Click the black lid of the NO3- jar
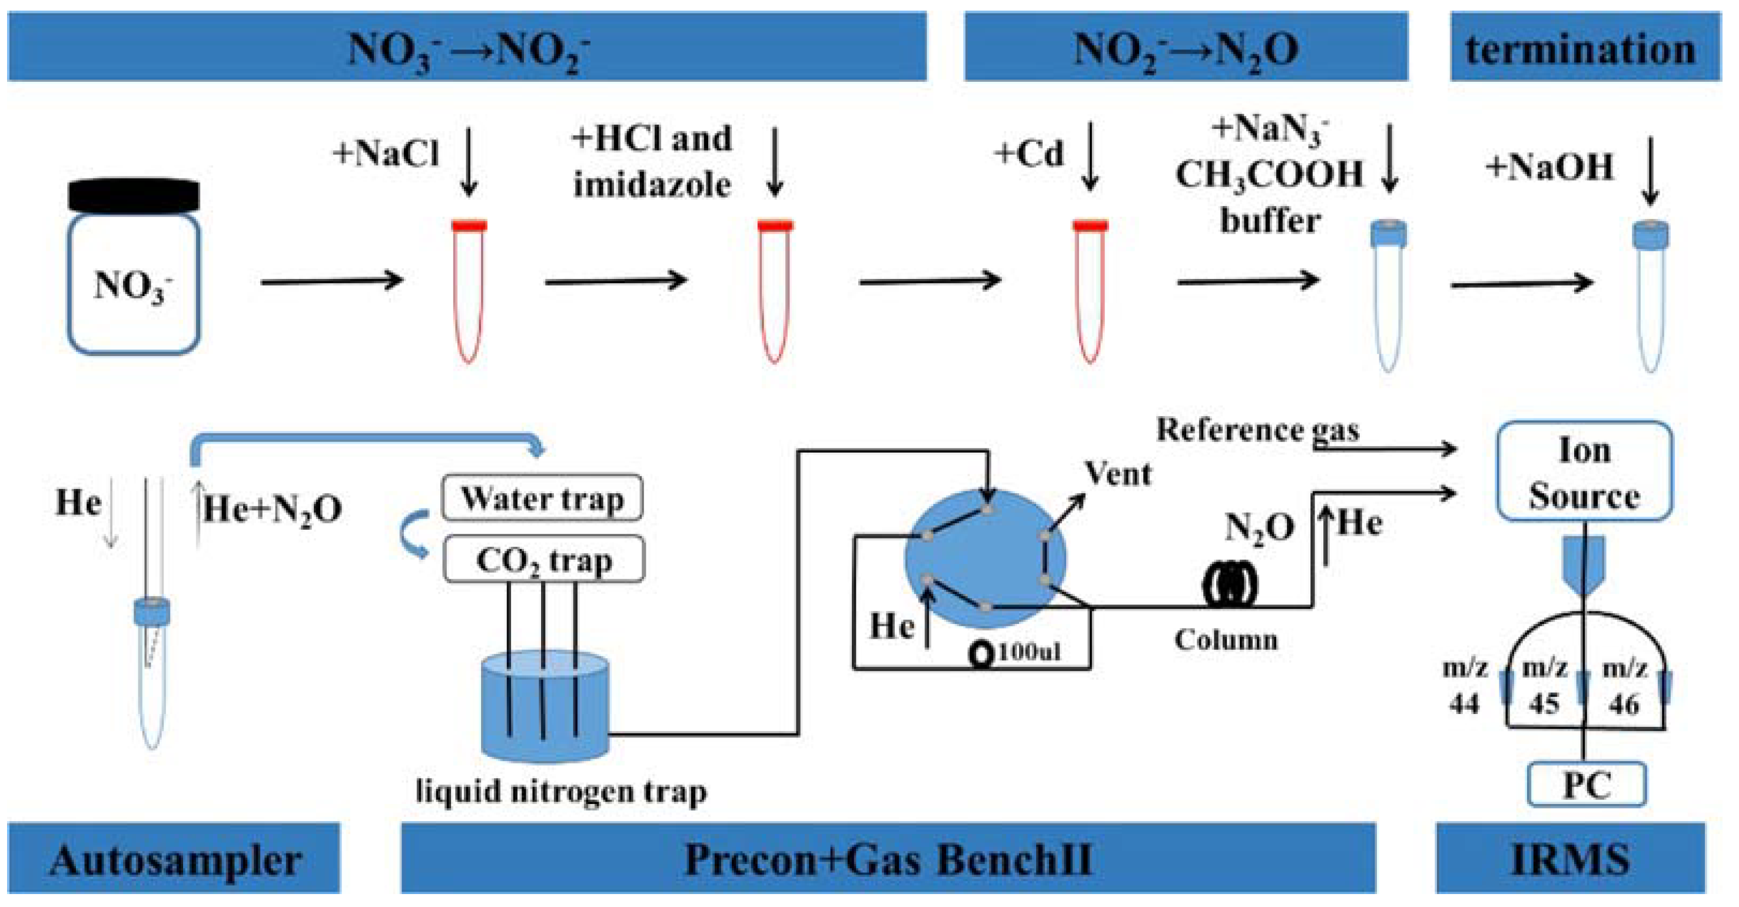coord(134,196)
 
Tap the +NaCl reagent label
coord(386,153)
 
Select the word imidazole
coord(652,185)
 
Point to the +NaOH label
coord(1549,167)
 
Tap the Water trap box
coord(542,499)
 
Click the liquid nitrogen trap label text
coord(562,792)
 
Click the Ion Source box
coord(1584,473)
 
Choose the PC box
coord(1587,785)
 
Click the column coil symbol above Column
coord(1230,584)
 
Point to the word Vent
coord(1118,474)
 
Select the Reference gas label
coord(1257,430)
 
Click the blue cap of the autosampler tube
coord(152,612)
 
